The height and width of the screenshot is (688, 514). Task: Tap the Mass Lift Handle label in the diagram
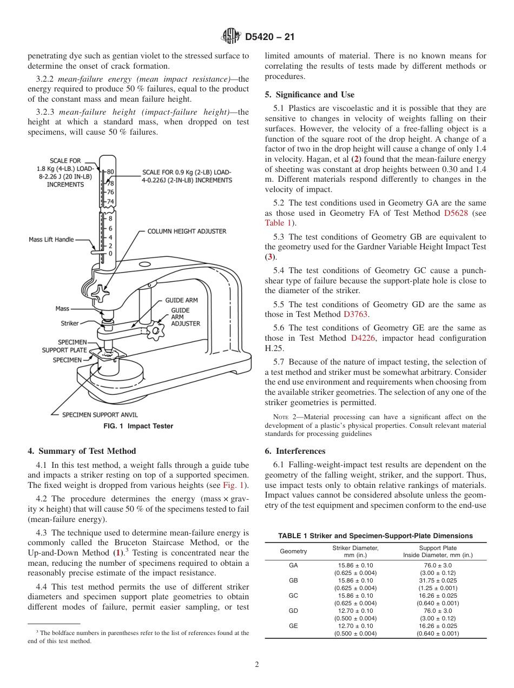[x=51, y=240]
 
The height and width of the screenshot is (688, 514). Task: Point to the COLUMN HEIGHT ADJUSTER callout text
[x=187, y=231]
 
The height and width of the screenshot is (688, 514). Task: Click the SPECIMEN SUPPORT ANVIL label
[x=100, y=415]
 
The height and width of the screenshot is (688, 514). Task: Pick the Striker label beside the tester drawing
[x=69, y=323]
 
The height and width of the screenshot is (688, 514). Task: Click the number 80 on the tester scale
[x=110, y=172]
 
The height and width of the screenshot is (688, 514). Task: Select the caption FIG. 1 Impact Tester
[x=138, y=426]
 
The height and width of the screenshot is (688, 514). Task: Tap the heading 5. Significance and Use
[x=309, y=95]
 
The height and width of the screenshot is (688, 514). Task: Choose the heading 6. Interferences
[x=295, y=451]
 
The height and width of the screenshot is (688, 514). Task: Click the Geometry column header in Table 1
[x=293, y=552]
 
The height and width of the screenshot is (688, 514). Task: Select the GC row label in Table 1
[x=293, y=595]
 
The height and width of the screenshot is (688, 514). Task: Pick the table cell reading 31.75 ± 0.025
[x=438, y=580]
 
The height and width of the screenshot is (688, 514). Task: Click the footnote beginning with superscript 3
[x=138, y=637]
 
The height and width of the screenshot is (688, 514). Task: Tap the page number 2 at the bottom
[x=257, y=665]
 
